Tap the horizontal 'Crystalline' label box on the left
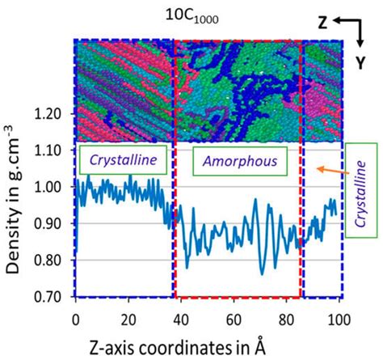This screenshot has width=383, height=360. [124, 161]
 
